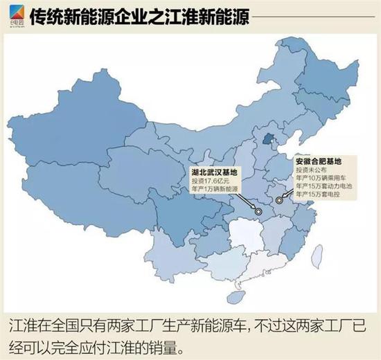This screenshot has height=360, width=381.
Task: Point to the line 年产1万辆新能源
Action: point(217,188)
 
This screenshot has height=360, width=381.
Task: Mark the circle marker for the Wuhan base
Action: point(257,211)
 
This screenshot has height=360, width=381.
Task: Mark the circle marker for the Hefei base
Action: point(278,200)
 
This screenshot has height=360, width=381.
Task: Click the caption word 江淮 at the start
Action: point(21,325)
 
